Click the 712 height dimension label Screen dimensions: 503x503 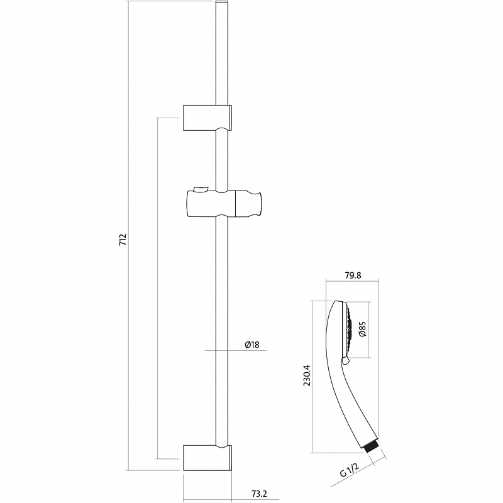click(x=123, y=240)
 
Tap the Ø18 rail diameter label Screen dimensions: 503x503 click(x=252, y=345)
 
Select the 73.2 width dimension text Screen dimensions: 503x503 click(x=259, y=494)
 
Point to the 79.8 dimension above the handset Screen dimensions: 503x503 click(x=353, y=275)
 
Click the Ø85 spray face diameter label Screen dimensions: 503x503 click(x=363, y=329)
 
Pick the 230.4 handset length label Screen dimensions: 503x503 click(x=307, y=375)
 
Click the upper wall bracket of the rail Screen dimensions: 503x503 click(x=207, y=118)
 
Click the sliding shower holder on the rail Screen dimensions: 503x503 click(x=224, y=204)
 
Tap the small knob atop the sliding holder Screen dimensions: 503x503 click(x=200, y=189)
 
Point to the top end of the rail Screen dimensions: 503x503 click(x=222, y=2)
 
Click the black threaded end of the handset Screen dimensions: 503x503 click(x=372, y=447)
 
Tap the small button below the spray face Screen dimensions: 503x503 click(x=345, y=361)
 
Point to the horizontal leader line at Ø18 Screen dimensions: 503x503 click(x=236, y=350)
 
